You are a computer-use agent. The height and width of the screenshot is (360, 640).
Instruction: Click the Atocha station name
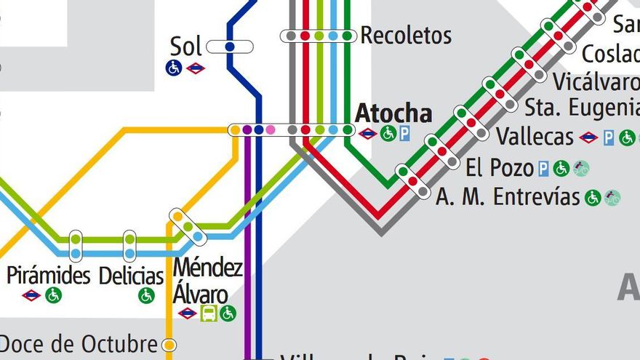click(393, 114)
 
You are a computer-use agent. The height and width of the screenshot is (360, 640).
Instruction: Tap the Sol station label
click(185, 47)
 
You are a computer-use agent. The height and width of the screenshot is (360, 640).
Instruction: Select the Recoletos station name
click(406, 35)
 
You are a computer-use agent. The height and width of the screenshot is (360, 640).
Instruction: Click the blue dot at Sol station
click(230, 47)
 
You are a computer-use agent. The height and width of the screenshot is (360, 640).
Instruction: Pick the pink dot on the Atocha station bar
click(271, 130)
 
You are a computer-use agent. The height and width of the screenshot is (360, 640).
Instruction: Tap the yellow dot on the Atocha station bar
click(235, 130)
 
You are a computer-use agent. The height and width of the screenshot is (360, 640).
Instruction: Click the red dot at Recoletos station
click(305, 36)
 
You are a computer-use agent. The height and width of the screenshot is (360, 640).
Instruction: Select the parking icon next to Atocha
click(404, 133)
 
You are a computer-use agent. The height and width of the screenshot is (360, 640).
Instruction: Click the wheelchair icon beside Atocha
click(388, 133)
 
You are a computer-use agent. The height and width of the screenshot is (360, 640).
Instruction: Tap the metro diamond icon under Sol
click(195, 68)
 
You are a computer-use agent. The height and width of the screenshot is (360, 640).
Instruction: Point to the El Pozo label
click(500, 168)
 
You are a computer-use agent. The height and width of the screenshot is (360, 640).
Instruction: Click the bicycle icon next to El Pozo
click(580, 169)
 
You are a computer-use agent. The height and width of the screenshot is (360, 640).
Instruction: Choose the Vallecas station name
click(535, 137)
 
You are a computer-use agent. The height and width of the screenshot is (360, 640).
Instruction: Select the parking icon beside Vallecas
click(609, 137)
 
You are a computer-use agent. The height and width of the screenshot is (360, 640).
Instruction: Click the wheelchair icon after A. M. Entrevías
click(593, 198)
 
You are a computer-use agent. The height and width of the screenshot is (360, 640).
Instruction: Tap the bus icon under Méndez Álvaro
click(209, 313)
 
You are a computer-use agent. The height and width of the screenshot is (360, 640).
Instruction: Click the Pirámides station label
click(48, 276)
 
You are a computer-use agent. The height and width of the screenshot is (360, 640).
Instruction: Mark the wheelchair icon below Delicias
click(147, 295)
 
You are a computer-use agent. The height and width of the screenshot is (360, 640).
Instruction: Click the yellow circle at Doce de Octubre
click(169, 344)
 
